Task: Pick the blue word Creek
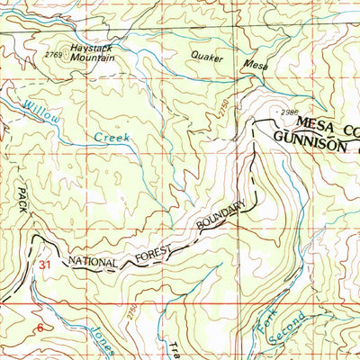(112, 137)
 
